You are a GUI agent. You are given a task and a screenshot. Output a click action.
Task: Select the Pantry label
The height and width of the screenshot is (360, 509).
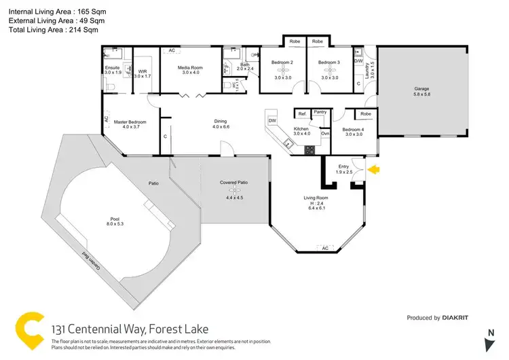pyautogui.click(x=321, y=112)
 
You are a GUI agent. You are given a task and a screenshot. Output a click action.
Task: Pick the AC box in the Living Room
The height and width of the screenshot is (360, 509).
pyautogui.click(x=324, y=248)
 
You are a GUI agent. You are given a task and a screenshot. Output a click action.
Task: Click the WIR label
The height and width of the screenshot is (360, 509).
pyautogui.click(x=143, y=71)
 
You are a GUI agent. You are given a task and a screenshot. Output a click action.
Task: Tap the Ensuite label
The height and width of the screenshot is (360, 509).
pyautogui.click(x=112, y=68)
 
